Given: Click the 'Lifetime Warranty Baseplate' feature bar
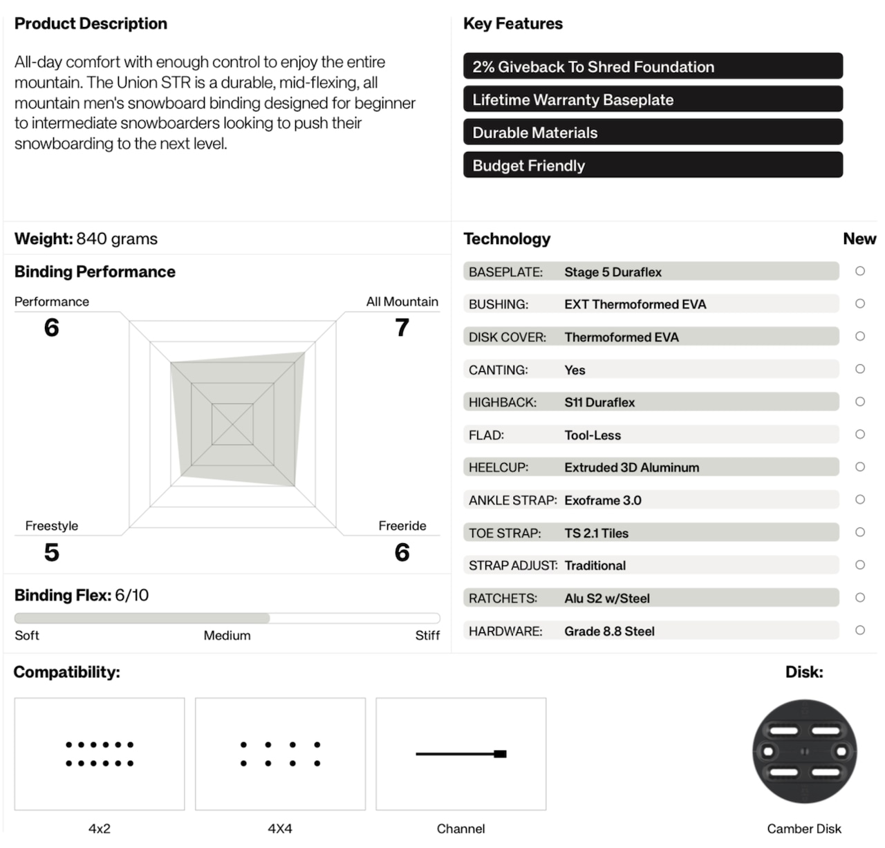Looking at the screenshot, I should pyautogui.click(x=653, y=100).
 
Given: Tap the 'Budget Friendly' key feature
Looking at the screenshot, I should pyautogui.click(x=653, y=165).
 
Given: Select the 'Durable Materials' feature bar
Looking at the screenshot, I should pyautogui.click(x=653, y=133).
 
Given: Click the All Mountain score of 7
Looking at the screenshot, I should pyautogui.click(x=402, y=328).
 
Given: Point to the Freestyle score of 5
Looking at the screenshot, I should pyautogui.click(x=51, y=552).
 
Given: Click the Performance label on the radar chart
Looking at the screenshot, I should pyautogui.click(x=52, y=301).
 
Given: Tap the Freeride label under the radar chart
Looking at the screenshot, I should pyautogui.click(x=402, y=526).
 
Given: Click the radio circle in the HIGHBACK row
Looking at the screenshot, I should pyautogui.click(x=860, y=402).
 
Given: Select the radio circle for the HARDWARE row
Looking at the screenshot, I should pyautogui.click(x=860, y=630).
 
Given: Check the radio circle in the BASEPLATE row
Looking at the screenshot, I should pyautogui.click(x=860, y=271).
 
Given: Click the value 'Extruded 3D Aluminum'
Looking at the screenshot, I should pyautogui.click(x=631, y=467).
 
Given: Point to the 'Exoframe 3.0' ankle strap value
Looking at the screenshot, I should pyautogui.click(x=602, y=500).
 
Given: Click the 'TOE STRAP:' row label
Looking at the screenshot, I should pyautogui.click(x=505, y=533).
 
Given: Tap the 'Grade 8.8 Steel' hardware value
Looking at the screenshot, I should pyautogui.click(x=609, y=631).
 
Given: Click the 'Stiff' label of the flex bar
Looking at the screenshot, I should pyautogui.click(x=427, y=635).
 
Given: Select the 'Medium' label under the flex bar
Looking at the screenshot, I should pyautogui.click(x=227, y=635).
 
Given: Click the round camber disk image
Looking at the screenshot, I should pyautogui.click(x=804, y=752).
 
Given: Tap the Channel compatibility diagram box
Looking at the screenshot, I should pyautogui.click(x=461, y=753).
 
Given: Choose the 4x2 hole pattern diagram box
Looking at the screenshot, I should pyautogui.click(x=100, y=753).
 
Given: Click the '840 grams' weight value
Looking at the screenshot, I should pyautogui.click(x=117, y=238).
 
